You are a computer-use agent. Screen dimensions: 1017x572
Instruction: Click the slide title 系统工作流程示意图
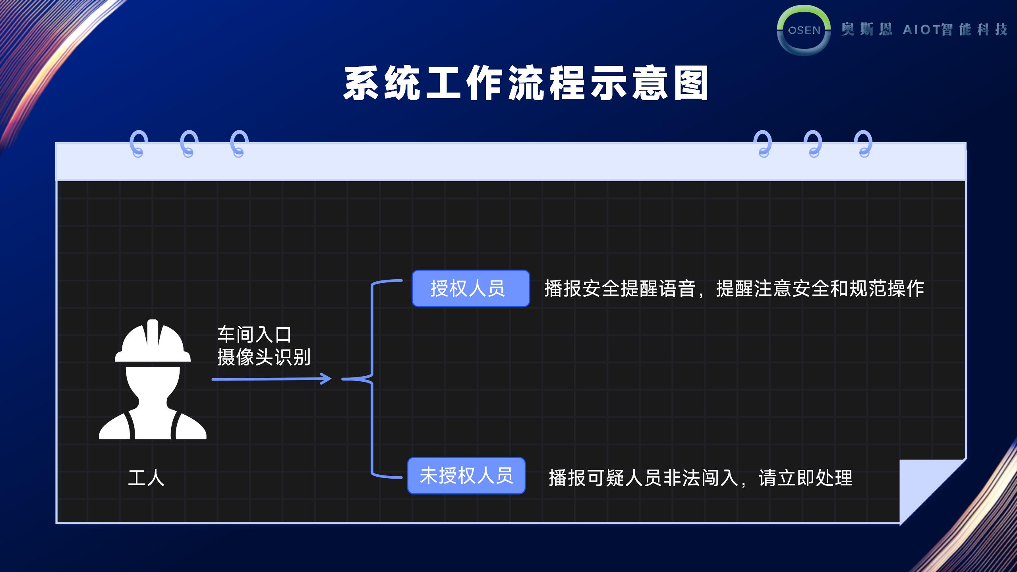tap(526, 84)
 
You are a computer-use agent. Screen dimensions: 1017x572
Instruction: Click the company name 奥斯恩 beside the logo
tap(866, 29)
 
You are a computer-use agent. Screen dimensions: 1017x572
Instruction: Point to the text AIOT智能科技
tap(955, 29)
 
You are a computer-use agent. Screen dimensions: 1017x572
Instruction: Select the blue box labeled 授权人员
tap(471, 288)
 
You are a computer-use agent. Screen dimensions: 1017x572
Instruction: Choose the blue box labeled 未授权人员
tap(466, 475)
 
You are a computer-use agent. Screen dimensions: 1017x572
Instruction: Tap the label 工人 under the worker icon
tap(146, 478)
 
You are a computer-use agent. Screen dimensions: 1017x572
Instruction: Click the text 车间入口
tap(254, 335)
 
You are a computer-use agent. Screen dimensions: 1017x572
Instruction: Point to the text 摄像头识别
tap(264, 357)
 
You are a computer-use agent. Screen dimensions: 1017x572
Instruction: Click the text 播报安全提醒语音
tap(620, 289)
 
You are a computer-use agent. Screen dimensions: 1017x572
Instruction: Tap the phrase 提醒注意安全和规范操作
tap(820, 289)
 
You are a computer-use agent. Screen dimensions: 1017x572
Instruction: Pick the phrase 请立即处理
tap(806, 478)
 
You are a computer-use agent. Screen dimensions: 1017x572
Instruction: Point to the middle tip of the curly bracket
tap(343, 379)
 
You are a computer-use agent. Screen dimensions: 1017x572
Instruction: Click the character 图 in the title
tap(691, 84)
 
